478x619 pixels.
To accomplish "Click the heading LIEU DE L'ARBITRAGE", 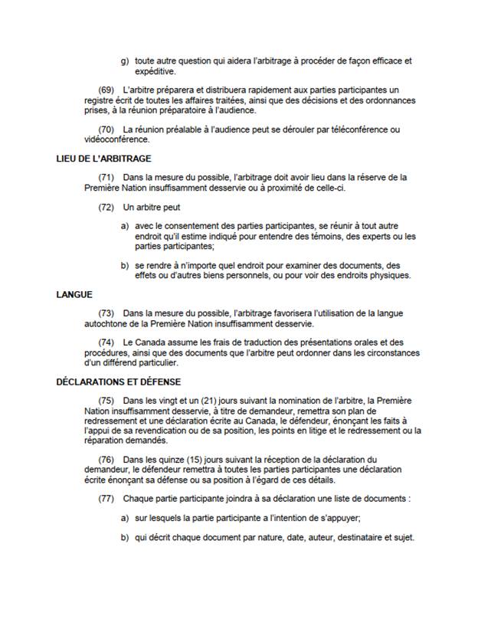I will [104, 159].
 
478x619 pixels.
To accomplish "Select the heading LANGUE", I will [74, 294].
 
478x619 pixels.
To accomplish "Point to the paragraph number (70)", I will [106, 129].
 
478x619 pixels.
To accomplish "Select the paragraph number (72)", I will [106, 207].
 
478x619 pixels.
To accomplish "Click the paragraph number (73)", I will [106, 313].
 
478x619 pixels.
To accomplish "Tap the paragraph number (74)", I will [106, 342].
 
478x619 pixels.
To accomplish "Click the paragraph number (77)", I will [106, 499].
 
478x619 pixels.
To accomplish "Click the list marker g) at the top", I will [125, 61].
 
